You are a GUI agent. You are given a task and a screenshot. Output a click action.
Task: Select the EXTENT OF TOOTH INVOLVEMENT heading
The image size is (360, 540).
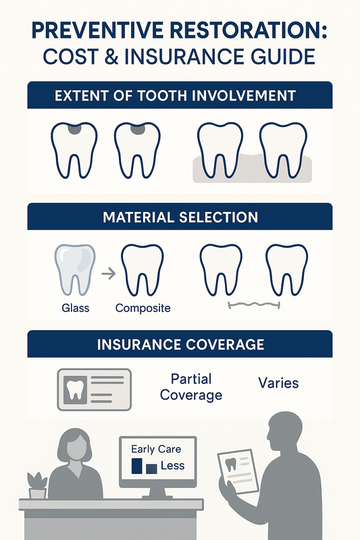pyautogui.click(x=175, y=95)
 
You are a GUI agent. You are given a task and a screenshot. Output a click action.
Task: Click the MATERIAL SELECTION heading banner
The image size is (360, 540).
pyautogui.click(x=180, y=217)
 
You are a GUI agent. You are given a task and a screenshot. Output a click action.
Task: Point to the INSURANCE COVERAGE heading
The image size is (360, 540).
pyautogui.click(x=180, y=344)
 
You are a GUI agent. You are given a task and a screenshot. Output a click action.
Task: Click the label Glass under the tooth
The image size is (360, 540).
pyautogui.click(x=75, y=308)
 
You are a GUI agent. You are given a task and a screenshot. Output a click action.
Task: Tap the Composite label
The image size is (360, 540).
pyautogui.click(x=143, y=308)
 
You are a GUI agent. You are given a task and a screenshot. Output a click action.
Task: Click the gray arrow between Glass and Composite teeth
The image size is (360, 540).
pyautogui.click(x=109, y=274)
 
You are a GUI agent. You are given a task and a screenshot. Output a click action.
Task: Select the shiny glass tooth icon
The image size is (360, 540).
pyautogui.click(x=75, y=270)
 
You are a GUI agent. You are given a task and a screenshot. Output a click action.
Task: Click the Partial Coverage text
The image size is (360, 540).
pyautogui.click(x=191, y=387)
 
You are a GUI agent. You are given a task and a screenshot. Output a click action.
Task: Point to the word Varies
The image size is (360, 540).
pyautogui.click(x=278, y=383)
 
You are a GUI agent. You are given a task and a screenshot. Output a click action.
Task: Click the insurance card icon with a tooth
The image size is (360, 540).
pyautogui.click(x=94, y=389)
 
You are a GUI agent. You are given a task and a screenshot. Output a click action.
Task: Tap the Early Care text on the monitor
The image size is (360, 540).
pyautogui.click(x=156, y=449)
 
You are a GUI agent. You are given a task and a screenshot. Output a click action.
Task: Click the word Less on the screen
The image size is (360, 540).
pyautogui.click(x=173, y=466)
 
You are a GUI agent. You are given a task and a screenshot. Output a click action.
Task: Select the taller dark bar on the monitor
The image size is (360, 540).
pyautogui.click(x=136, y=466)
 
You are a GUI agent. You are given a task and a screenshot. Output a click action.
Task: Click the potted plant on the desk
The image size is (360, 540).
pyautogui.click(x=37, y=485)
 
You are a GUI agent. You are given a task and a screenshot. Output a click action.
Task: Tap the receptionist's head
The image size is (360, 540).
pyautogui.click(x=74, y=446)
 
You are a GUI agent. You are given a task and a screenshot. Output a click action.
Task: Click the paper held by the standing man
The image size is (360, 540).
pyautogui.click(x=238, y=471)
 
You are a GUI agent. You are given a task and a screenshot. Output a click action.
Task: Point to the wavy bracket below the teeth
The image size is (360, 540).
pyautogui.click(x=254, y=305)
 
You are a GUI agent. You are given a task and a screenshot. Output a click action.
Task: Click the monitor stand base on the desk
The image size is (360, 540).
pyautogui.click(x=157, y=497)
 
